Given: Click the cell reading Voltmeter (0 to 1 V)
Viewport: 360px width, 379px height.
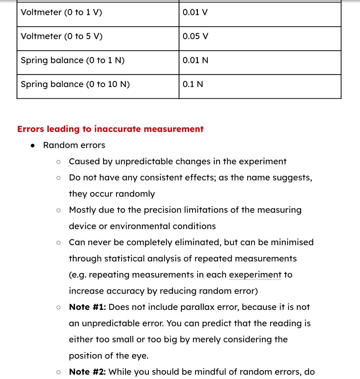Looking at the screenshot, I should click(x=61, y=13).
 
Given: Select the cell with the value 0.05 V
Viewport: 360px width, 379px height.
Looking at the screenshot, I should click(x=195, y=36).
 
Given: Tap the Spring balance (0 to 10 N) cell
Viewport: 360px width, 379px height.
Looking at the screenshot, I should click(x=75, y=85).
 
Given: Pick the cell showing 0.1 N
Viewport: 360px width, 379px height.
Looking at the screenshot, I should click(x=193, y=85).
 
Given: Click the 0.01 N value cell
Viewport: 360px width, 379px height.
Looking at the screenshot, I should click(x=195, y=60).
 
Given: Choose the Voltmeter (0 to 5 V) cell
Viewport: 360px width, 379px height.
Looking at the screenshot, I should click(x=61, y=36).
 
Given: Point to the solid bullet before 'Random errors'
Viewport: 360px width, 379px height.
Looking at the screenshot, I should click(x=33, y=146).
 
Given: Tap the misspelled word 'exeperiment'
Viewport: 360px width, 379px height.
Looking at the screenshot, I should click(x=255, y=275).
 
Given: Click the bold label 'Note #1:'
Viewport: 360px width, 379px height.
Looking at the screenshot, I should click(x=88, y=307).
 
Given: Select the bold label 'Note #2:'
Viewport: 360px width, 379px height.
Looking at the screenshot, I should click(x=88, y=372).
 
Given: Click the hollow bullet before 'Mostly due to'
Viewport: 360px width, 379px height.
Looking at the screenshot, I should click(x=59, y=211).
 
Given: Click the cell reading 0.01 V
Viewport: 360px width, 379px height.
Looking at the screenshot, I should click(x=195, y=13).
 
